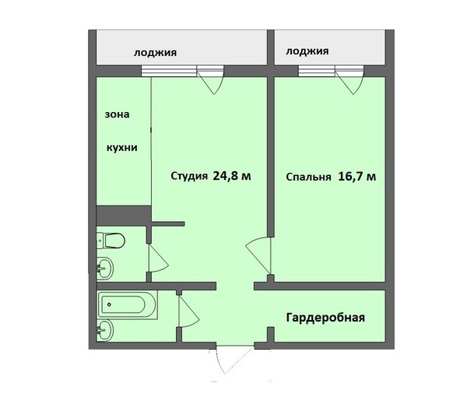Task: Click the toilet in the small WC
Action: click(111, 240)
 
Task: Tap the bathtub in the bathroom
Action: click(128, 304)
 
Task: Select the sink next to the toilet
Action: click(105, 268)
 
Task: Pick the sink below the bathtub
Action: click(105, 330)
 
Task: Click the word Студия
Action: click(189, 176)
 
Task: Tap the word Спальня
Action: click(308, 178)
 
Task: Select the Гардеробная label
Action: click(325, 318)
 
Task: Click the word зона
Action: click(117, 114)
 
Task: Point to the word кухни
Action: click(122, 148)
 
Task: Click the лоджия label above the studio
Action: click(155, 53)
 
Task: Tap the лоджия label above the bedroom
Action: click(307, 51)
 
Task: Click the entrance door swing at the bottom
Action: click(234, 360)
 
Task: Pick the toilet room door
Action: click(159, 258)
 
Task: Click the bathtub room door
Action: click(188, 311)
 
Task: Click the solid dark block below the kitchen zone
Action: click(124, 216)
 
